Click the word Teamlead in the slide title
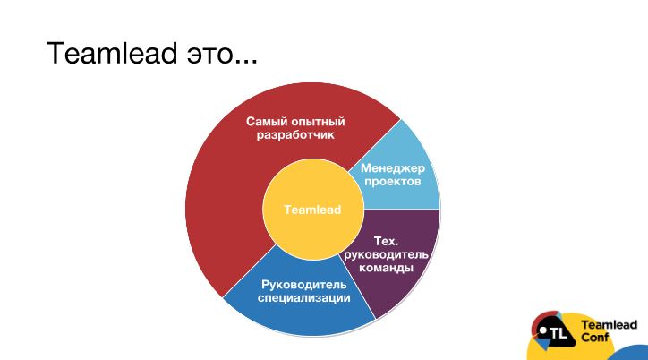(x=112, y=53)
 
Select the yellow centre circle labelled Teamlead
(x=313, y=210)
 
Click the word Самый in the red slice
(x=267, y=122)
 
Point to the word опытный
(x=318, y=122)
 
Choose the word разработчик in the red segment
(x=295, y=135)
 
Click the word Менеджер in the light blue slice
(x=393, y=168)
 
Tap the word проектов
(x=393, y=182)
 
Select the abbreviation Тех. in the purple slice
(x=386, y=241)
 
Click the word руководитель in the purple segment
(x=386, y=254)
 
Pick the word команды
(x=386, y=268)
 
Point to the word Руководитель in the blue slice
(x=304, y=285)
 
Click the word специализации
(x=304, y=298)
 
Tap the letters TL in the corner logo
(x=558, y=333)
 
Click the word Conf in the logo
(x=594, y=338)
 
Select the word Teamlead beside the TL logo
(x=610, y=325)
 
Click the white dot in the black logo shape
(x=543, y=330)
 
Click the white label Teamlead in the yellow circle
(x=313, y=210)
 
